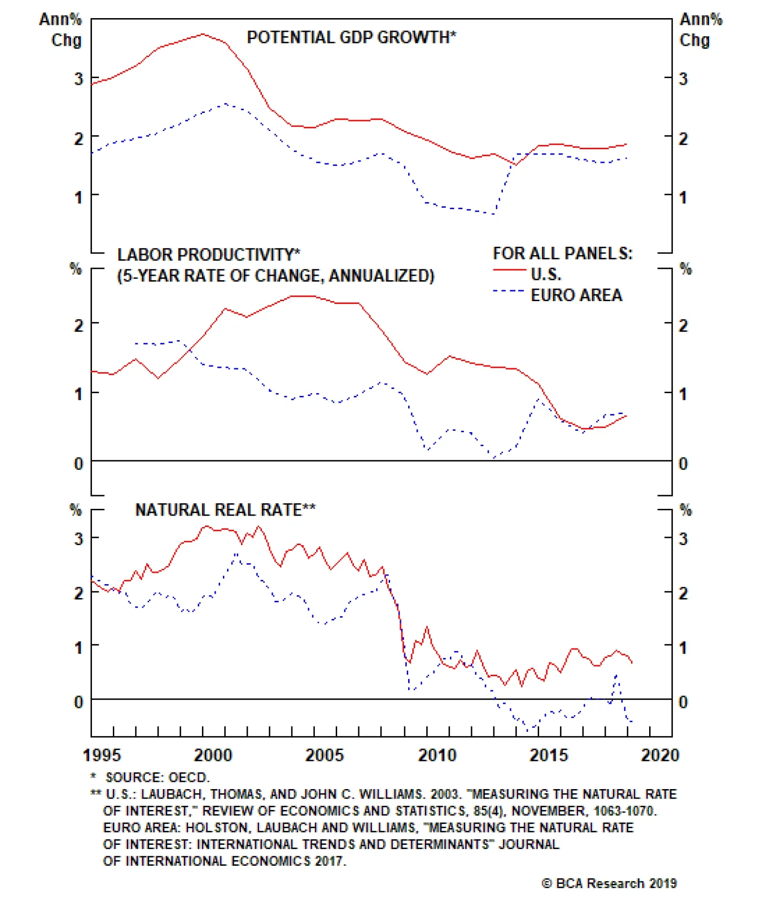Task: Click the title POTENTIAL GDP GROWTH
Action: coord(351,37)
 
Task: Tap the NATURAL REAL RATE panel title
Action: coord(225,510)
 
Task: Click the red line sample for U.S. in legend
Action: coord(509,270)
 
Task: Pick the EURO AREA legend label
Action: coord(576,295)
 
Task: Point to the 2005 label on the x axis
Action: coord(324,755)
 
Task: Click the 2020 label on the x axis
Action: coord(660,755)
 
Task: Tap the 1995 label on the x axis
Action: coord(101,755)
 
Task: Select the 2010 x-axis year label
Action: coord(437,755)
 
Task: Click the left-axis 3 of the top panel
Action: coord(79,79)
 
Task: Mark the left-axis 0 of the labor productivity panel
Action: coord(79,463)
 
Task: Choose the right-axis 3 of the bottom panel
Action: coord(683,539)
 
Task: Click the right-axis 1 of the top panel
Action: coord(683,197)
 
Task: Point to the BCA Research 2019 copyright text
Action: coord(609,883)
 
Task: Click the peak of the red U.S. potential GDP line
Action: coord(203,34)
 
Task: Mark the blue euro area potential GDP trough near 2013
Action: coord(494,214)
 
